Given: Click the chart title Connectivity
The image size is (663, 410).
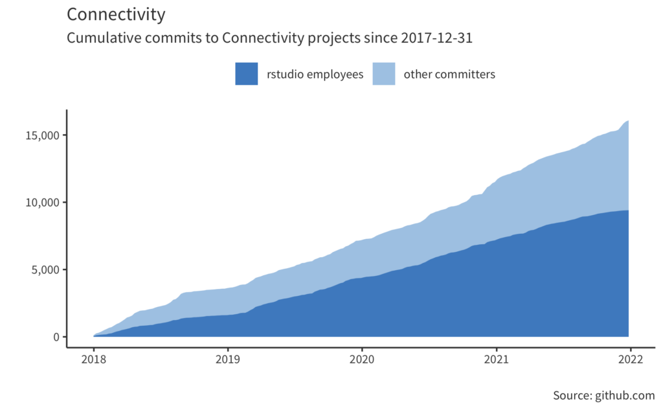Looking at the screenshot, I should pyautogui.click(x=116, y=14).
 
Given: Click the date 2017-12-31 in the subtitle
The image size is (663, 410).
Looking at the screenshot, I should pyautogui.click(x=437, y=38).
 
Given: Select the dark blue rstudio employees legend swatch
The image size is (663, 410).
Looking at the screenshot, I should pyautogui.click(x=247, y=74).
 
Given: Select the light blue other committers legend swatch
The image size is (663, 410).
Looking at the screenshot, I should pyautogui.click(x=384, y=74).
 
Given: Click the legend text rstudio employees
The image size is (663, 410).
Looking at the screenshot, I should pyautogui.click(x=315, y=74).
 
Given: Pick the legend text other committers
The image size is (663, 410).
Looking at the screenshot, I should pyautogui.click(x=449, y=74).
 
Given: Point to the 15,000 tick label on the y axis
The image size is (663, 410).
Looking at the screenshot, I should pyautogui.click(x=39, y=135).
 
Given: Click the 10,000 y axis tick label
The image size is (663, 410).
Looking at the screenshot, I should pyautogui.click(x=39, y=203).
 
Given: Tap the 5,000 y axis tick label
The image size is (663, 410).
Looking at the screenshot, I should pyautogui.click(x=42, y=269).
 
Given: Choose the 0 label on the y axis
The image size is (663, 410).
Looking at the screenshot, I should pyautogui.click(x=56, y=337).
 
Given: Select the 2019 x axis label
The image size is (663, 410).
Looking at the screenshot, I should pyautogui.click(x=227, y=360).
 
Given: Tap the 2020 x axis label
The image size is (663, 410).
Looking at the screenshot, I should pyautogui.click(x=361, y=360).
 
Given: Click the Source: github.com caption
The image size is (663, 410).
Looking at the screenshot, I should pyautogui.click(x=603, y=396).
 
